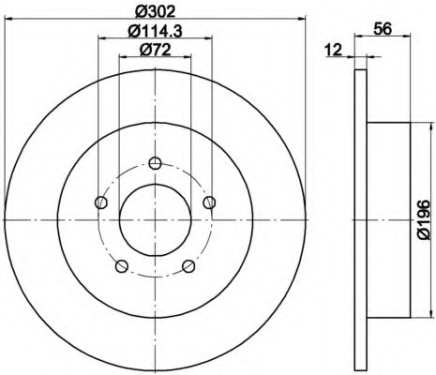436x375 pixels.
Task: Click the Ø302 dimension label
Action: coord(155,11)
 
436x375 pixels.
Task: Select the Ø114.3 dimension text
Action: coord(156,31)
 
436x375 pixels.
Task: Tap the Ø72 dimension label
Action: coord(155,50)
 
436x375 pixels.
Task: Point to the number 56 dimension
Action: coord(383,29)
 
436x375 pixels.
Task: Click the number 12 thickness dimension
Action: coord(334,50)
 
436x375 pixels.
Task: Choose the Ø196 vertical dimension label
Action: coord(424,219)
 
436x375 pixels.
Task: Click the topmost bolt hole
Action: coord(155,163)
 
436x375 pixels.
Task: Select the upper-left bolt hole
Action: coord(101,202)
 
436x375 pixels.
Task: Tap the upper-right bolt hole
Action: coord(209,202)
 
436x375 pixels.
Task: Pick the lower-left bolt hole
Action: coord(122,266)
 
